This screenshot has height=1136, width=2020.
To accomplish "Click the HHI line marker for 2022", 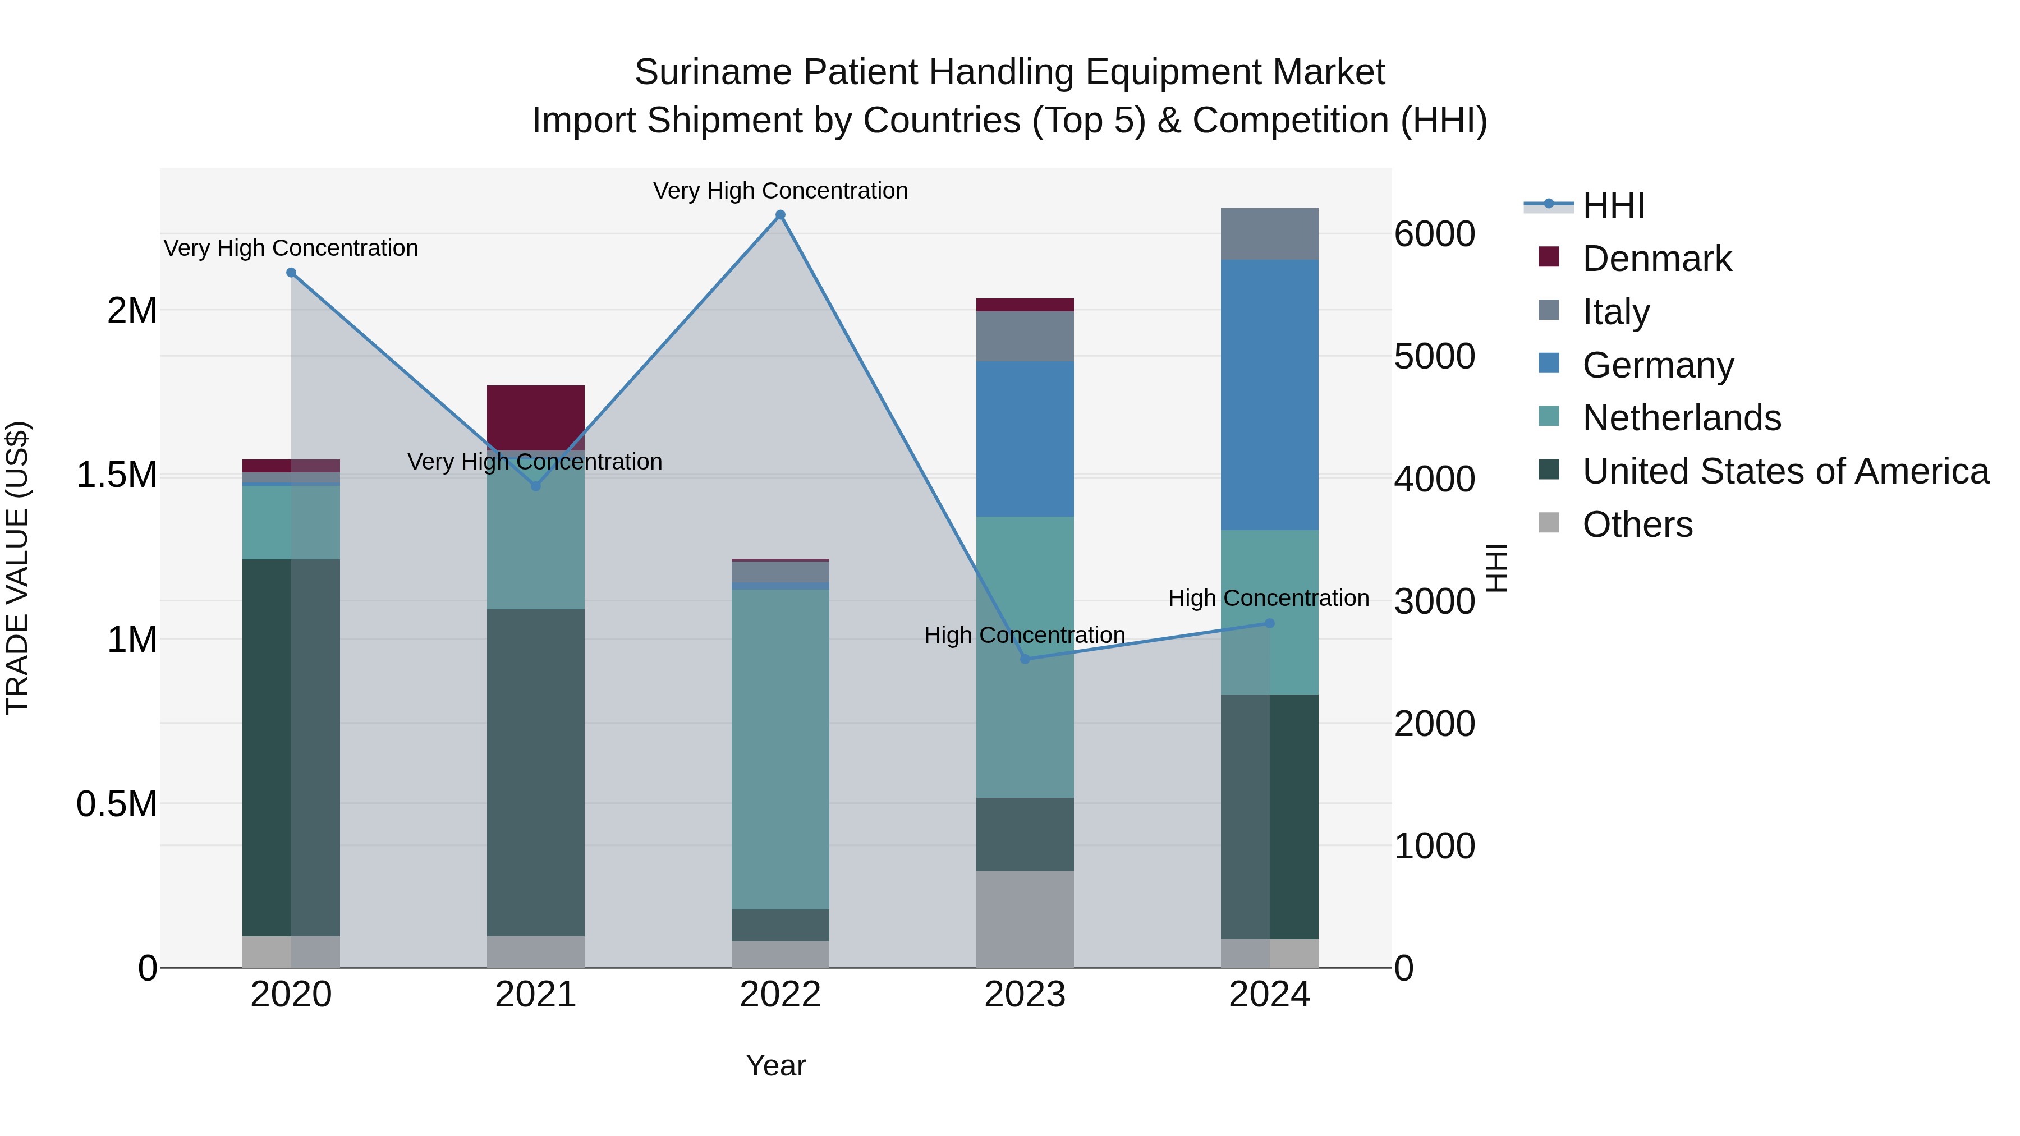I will (x=781, y=215).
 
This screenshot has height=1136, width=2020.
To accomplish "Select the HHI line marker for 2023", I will (x=1025, y=659).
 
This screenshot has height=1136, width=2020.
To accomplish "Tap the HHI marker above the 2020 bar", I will (x=291, y=273).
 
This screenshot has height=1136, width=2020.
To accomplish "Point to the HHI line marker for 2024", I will (x=1270, y=623).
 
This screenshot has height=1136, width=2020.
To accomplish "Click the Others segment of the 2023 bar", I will (x=1025, y=918).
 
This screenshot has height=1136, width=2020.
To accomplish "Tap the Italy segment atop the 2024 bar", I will (x=1270, y=233).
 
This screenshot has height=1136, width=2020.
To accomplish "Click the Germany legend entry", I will (x=1658, y=365).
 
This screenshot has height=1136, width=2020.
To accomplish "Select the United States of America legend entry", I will (x=1785, y=471).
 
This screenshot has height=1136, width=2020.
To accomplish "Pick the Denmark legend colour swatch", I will (x=1549, y=257).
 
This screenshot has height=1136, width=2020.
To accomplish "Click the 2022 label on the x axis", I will (x=781, y=995).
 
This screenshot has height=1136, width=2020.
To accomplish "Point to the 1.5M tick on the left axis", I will (x=116, y=475).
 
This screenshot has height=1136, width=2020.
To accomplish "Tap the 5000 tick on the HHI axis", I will (x=1434, y=357).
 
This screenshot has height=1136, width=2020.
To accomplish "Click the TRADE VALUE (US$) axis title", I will (x=17, y=568).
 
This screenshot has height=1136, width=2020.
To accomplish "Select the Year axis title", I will (x=775, y=1065).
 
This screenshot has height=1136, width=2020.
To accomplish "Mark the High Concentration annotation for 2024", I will (x=1269, y=598).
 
